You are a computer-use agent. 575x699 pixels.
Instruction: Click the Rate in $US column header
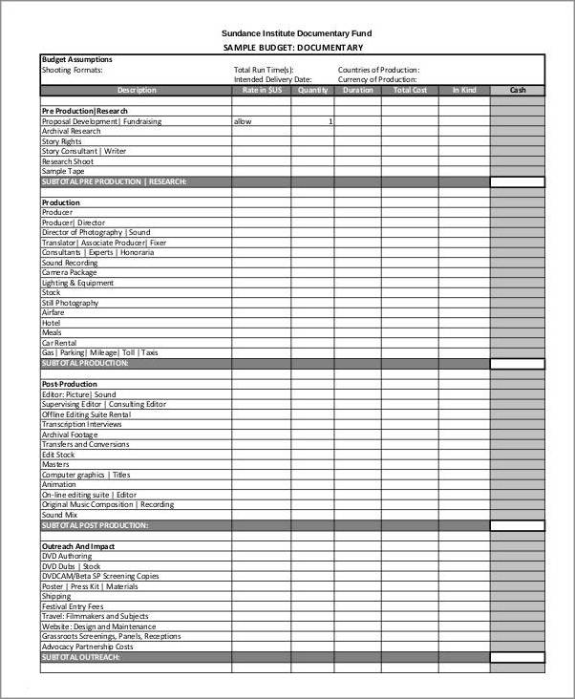pos(262,91)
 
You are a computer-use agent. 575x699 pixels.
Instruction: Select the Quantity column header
pos(312,91)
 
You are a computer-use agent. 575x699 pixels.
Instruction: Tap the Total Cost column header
pos(410,91)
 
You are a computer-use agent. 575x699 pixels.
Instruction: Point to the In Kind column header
pos(464,91)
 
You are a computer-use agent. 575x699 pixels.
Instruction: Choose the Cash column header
pos(517,91)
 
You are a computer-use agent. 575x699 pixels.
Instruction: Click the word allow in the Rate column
pos(243,121)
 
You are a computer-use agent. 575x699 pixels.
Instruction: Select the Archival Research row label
pos(72,132)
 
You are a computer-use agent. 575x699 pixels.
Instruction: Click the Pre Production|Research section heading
pos(85,111)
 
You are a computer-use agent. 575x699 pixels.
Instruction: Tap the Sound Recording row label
pos(70,263)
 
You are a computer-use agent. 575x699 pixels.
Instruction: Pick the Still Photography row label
pos(70,303)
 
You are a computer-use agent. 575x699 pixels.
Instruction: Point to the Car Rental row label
pos(59,343)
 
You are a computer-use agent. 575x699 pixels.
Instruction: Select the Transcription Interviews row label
pos(82,424)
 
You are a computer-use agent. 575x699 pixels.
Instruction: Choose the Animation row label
pos(59,484)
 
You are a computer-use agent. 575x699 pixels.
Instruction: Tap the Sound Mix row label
pos(59,515)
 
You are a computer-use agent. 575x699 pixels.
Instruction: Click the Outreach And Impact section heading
pos(78,545)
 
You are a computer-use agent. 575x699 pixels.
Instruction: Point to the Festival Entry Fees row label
pos(73,606)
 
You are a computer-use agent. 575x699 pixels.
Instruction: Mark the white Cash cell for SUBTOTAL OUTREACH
pos(517,657)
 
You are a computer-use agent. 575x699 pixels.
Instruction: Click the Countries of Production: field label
pos(378,70)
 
